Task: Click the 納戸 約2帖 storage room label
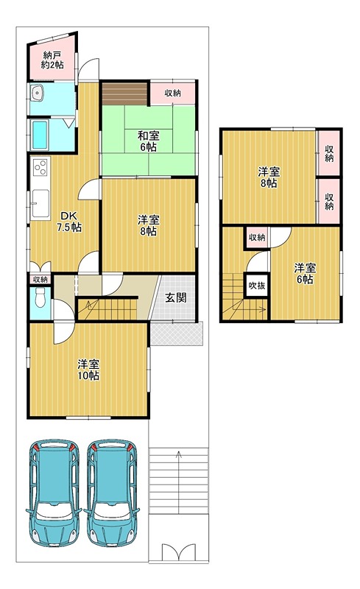(x=52, y=60)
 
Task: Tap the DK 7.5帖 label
(x=69, y=222)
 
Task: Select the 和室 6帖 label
(x=149, y=141)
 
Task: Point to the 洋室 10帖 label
(x=88, y=370)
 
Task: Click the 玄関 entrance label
(x=176, y=298)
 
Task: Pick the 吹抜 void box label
(x=257, y=286)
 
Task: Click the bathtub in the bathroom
(x=40, y=135)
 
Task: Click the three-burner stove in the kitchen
(x=40, y=168)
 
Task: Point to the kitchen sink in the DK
(x=40, y=203)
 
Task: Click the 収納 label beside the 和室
(x=173, y=93)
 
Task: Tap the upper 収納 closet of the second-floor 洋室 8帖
(x=329, y=153)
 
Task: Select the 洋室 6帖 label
(x=305, y=273)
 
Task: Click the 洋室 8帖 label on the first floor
(x=149, y=225)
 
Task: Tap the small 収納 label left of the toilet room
(x=40, y=279)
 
